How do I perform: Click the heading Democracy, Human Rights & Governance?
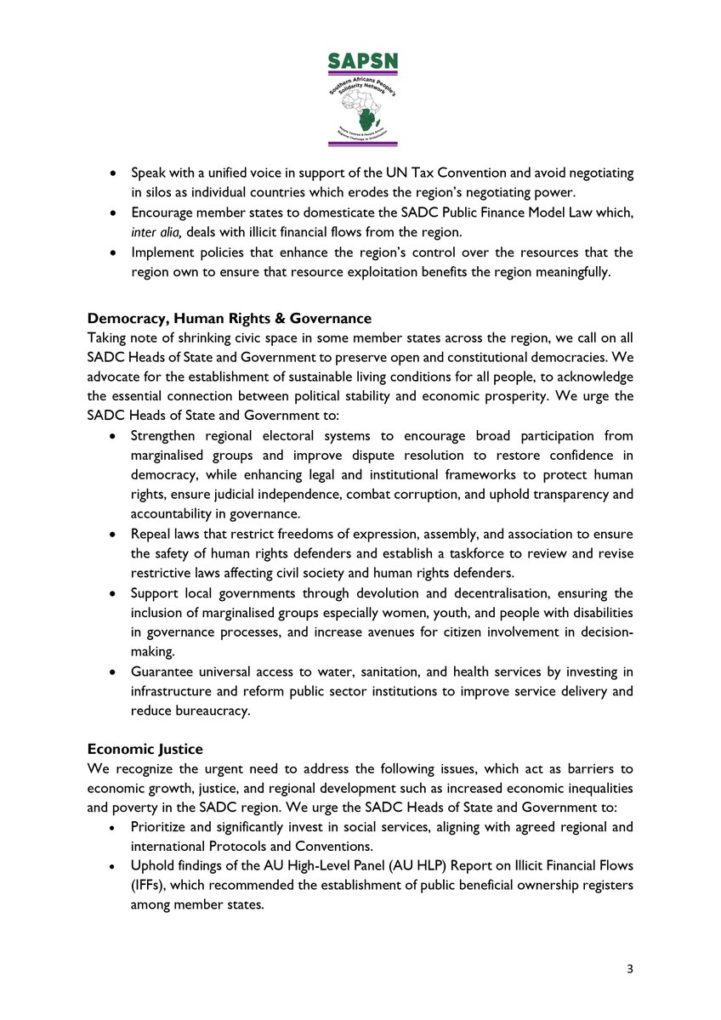(x=230, y=319)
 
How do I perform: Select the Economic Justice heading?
(x=145, y=749)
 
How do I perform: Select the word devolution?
(x=384, y=593)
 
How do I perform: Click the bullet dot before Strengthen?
(x=114, y=436)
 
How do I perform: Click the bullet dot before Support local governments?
(x=114, y=593)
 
